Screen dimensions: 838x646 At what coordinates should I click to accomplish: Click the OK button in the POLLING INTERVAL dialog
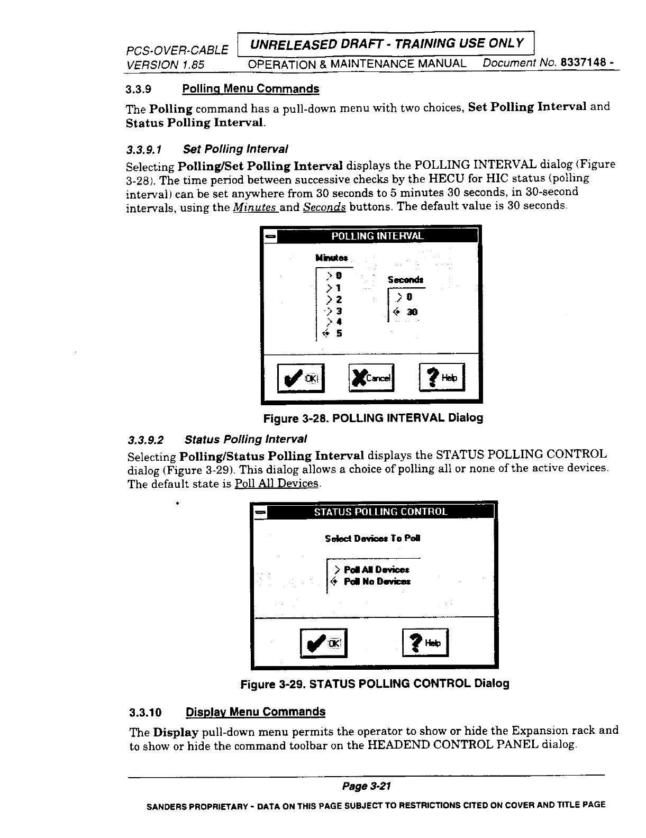tap(300, 378)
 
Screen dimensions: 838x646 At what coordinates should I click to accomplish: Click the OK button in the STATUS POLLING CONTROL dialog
tap(323, 643)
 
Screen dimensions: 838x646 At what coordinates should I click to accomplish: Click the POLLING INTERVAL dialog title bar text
tap(377, 236)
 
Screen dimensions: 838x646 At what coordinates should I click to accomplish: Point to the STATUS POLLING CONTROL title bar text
tap(380, 512)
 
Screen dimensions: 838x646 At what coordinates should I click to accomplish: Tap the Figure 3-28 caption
tap(373, 418)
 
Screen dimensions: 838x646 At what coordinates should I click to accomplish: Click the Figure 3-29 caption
tap(375, 684)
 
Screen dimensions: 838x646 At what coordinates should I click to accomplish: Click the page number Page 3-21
tap(366, 786)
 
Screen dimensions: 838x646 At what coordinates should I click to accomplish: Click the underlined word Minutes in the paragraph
tap(255, 207)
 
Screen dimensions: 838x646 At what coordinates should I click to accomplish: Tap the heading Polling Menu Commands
tap(250, 88)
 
